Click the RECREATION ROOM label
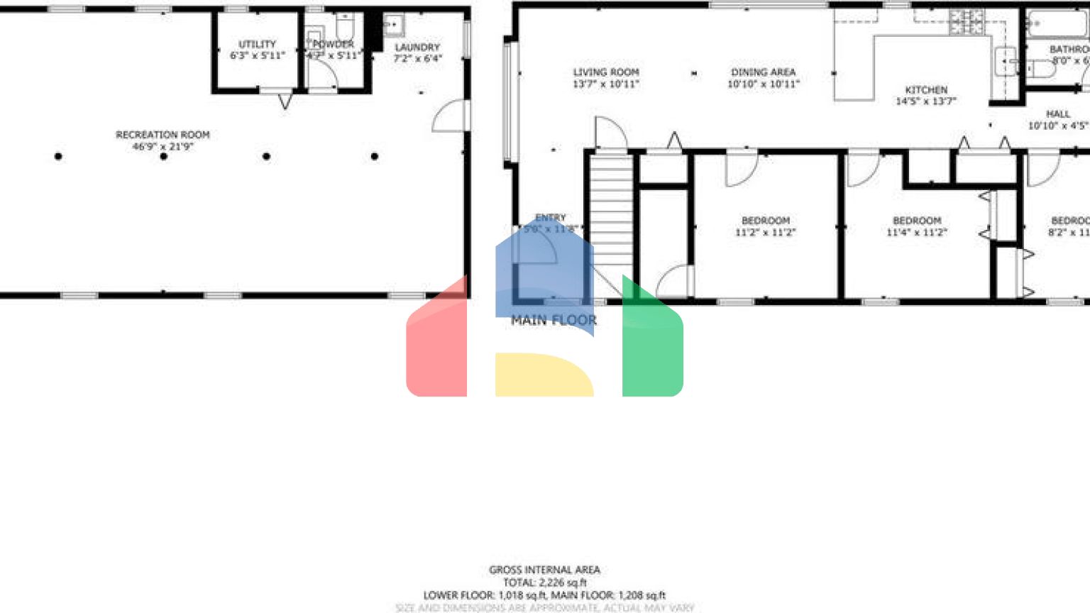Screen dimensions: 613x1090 (163, 135)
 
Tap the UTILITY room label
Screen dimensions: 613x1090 (257, 44)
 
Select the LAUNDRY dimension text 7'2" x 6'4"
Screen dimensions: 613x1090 (417, 59)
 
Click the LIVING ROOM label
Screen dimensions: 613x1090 (606, 72)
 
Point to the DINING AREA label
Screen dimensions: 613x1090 (763, 72)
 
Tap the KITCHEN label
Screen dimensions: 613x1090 (926, 90)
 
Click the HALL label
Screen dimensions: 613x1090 (1057, 114)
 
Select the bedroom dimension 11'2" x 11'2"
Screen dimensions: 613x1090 (765, 232)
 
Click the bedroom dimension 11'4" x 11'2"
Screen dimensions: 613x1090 (916, 232)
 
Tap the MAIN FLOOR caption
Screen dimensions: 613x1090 (554, 321)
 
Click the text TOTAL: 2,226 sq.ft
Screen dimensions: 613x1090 (544, 582)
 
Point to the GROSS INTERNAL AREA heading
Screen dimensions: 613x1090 (544, 570)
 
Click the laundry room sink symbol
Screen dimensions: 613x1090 (392, 26)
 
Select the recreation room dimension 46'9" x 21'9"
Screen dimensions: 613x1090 (163, 147)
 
